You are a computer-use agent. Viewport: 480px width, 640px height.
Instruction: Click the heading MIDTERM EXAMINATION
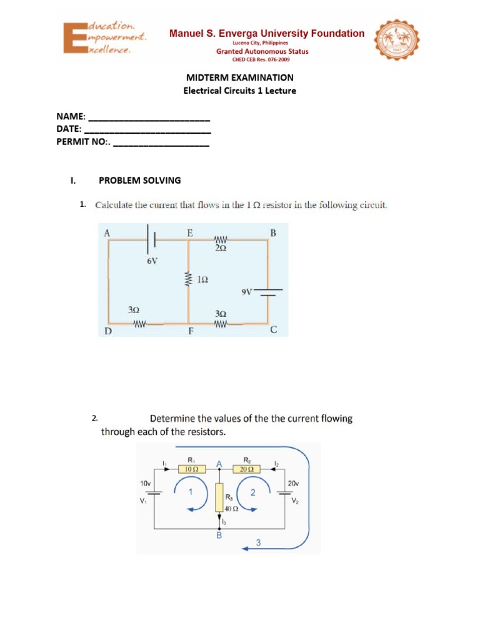tap(240, 77)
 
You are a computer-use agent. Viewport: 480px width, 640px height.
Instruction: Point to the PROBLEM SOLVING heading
tap(140, 180)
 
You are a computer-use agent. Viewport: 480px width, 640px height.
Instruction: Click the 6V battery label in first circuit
tap(152, 261)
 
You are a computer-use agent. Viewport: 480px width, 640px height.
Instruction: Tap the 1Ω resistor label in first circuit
tap(202, 281)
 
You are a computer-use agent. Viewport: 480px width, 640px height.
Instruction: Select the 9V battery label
tap(246, 291)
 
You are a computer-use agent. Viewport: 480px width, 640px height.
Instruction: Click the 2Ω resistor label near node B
tap(221, 248)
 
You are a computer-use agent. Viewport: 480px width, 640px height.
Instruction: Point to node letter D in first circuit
tap(107, 331)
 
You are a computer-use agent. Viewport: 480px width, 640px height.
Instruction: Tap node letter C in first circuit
tap(273, 331)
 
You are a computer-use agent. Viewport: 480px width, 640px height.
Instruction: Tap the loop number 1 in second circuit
tap(190, 491)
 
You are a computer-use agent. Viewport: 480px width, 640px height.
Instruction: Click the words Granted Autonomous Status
tap(262, 52)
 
